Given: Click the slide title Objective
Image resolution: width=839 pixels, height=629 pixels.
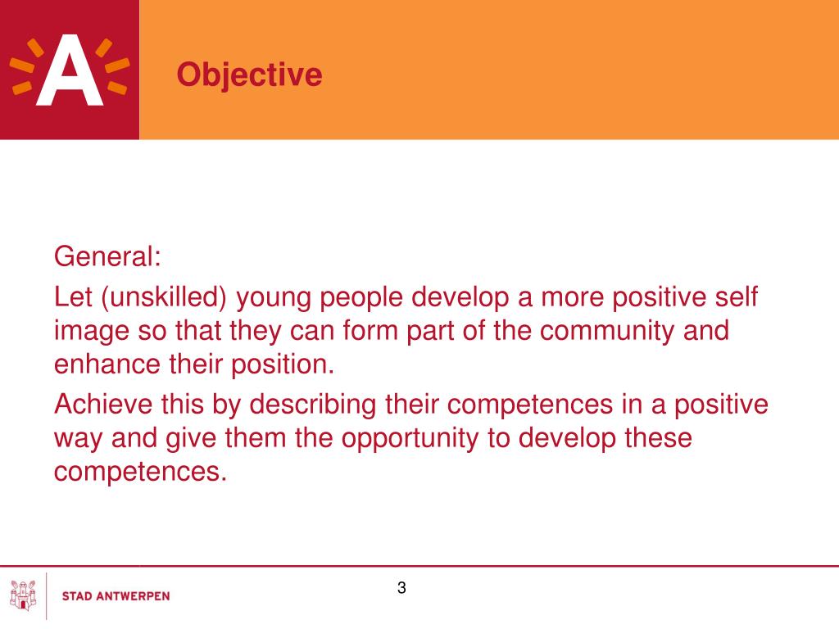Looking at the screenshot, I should coord(249,75).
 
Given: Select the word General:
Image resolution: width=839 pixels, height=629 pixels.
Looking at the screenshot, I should coord(107,257).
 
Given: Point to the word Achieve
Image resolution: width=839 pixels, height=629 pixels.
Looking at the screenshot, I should coord(102,404).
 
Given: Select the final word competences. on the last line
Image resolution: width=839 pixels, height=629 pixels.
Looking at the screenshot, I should coord(140,473).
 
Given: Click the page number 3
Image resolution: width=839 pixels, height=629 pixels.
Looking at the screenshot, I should coord(401,587).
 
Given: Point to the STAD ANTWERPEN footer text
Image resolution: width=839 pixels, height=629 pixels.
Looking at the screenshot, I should coord(116,596).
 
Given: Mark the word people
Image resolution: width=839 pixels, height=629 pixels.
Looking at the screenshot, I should coord(361,298).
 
